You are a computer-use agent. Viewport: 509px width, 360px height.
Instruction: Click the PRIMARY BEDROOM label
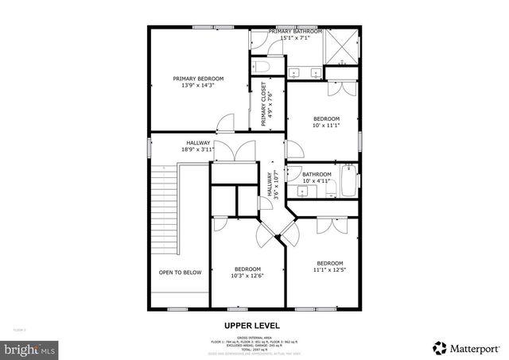(x=198, y=79)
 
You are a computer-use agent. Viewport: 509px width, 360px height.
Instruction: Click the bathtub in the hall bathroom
(x=348, y=181)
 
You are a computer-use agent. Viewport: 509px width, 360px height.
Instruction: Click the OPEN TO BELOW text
(x=180, y=273)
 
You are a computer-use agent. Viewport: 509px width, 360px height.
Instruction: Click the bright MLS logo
(x=30, y=348)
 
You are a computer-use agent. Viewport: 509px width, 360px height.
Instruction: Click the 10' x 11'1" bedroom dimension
(x=326, y=126)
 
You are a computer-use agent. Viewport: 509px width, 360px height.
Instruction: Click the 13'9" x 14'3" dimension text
(x=198, y=86)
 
